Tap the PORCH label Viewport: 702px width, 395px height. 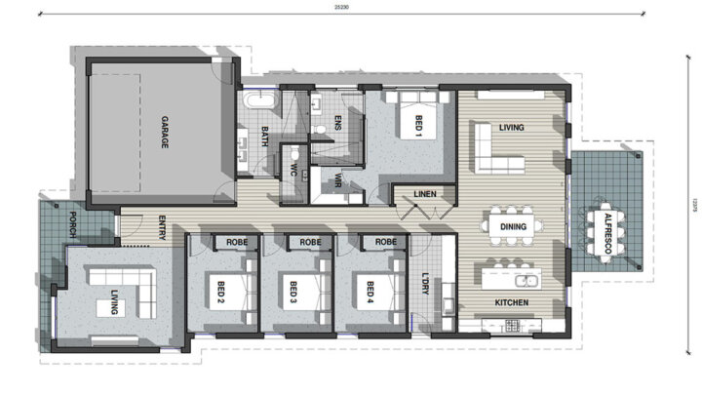[72, 224]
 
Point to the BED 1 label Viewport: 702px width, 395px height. [419, 126]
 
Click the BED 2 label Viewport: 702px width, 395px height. [221, 289]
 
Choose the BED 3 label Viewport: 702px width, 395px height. [294, 289]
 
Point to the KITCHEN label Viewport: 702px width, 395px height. [511, 302]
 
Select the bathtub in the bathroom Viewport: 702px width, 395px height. [260, 100]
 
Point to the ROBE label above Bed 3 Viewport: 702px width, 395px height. [310, 242]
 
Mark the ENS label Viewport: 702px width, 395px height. [337, 124]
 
